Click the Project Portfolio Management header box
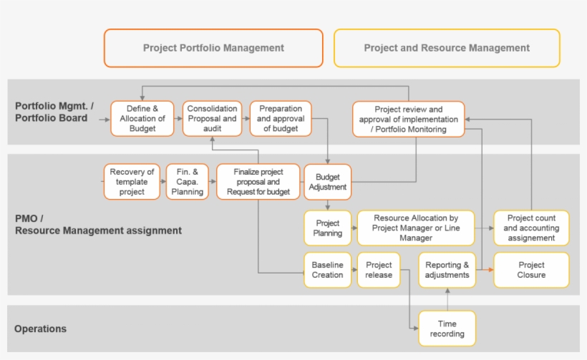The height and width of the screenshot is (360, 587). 213,48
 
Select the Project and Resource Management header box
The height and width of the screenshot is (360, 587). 447,48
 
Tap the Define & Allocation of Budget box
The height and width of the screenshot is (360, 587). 142,118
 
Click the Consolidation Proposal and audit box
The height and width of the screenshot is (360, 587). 212,118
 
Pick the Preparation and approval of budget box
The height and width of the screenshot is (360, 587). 281,118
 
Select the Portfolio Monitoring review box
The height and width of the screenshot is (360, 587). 408,119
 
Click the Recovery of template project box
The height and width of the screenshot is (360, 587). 132,182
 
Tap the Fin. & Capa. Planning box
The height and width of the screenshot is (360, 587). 188,182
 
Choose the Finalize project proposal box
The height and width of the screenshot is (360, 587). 258,182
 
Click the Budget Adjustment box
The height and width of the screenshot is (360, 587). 328,182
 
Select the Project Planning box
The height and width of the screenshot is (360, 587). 327,228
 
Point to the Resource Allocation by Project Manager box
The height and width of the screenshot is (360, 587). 415,228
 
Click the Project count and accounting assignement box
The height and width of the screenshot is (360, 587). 531,228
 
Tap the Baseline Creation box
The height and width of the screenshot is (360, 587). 327,270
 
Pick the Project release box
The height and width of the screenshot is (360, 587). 378,270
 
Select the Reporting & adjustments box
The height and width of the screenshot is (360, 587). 447,270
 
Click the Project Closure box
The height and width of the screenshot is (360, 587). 531,270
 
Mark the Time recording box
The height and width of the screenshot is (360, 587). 447,329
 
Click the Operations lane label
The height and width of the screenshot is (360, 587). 40,329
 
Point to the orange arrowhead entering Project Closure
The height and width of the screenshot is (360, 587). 490,270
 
